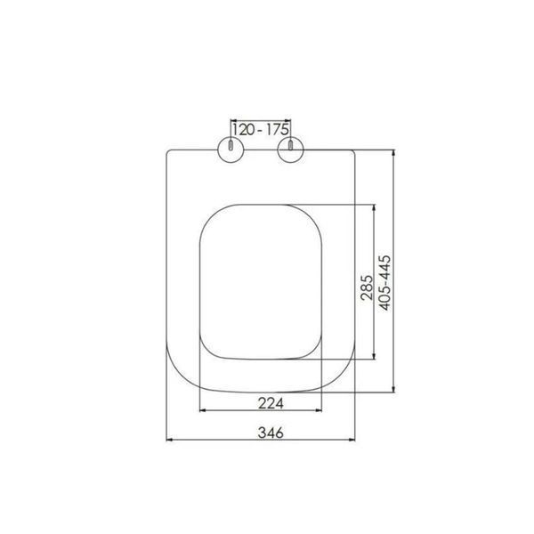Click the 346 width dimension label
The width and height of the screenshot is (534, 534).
271,433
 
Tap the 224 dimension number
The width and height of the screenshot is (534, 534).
271,403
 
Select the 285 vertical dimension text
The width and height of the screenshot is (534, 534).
367,287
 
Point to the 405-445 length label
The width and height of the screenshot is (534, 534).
385,283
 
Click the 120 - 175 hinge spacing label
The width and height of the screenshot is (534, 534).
261,129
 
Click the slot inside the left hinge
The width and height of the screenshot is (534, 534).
231,145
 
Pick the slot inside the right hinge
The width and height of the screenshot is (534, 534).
290,145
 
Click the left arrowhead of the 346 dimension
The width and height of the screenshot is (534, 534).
169,440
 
